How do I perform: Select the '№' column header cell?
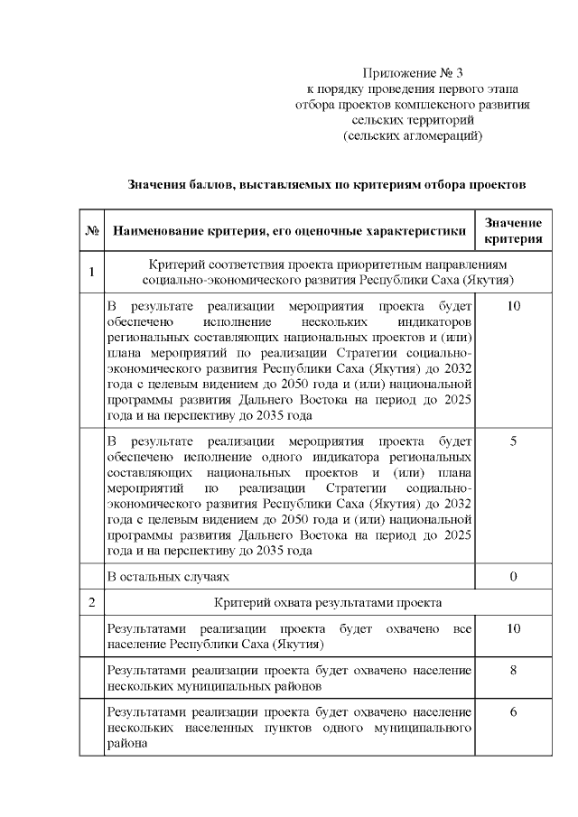coord(92,231)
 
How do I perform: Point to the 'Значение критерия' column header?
coord(513,231)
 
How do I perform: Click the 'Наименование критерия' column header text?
coord(289,231)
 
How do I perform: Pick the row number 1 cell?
coord(92,271)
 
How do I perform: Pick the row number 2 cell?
coord(92,602)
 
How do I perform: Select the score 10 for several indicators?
coord(513,307)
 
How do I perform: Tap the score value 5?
coord(513,441)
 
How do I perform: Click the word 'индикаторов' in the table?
coord(437,321)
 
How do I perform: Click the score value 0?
coord(513,576)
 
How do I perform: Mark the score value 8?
coord(513,670)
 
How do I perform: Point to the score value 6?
coord(513,712)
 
